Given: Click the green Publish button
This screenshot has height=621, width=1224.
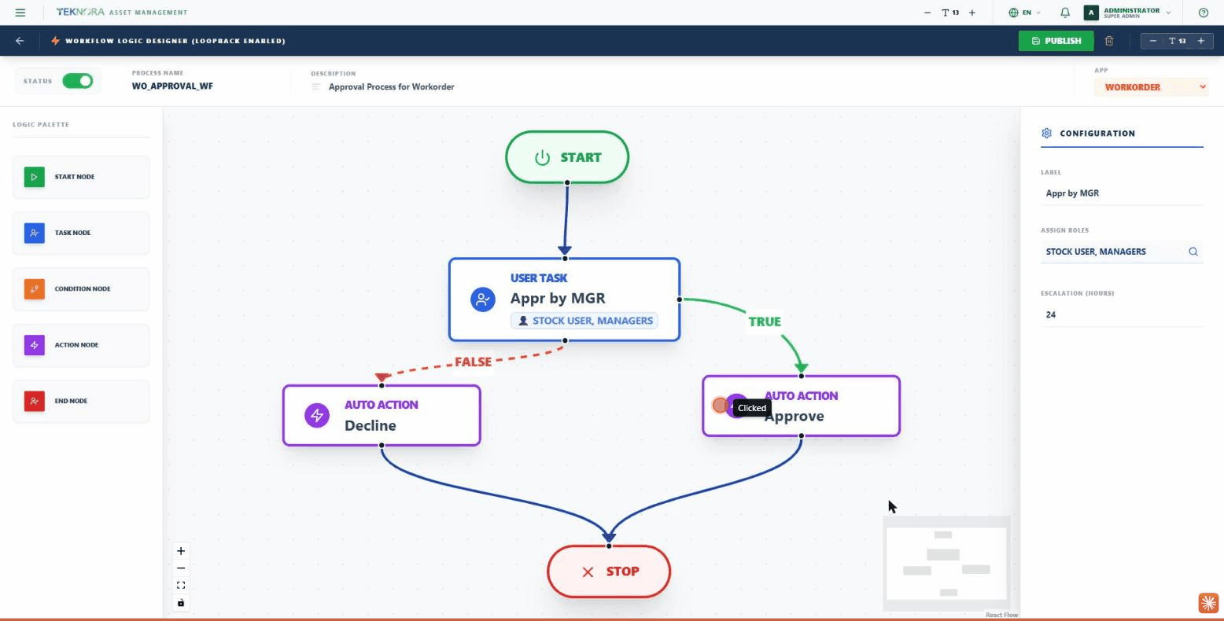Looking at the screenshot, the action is point(1056,41).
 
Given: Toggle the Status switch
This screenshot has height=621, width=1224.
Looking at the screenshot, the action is point(78,81).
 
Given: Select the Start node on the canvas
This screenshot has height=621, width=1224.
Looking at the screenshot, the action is point(567,157).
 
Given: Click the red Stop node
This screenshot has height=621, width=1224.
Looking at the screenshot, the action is point(609,571).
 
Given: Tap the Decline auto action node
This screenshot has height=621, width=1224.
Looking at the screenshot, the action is point(382,416).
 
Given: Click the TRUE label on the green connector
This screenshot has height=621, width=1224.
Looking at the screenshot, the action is point(765,322).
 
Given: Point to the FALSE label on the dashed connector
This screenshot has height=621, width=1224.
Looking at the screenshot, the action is point(474,362).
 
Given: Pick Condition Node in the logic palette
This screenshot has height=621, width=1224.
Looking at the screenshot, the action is point(81,289).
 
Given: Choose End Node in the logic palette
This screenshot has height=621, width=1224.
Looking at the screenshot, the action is point(81,401).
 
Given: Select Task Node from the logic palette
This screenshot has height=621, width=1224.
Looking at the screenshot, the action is point(81,233).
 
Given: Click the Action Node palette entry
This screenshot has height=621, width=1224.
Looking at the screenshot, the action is point(81,345).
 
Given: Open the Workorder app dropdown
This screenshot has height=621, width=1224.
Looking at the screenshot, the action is point(1151,87).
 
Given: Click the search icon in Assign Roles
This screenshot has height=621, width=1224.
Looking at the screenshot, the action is point(1193,252).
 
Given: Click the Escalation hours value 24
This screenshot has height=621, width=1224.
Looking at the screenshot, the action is point(1051,314).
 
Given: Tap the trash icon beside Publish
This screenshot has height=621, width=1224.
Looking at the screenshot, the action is point(1109,41).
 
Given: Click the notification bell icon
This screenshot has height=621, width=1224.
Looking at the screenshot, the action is point(1065,13).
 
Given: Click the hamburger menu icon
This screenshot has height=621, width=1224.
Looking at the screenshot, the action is point(20,13).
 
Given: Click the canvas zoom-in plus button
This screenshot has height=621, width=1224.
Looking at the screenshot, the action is point(181,551).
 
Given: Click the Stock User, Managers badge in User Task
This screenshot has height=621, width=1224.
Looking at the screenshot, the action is point(584,321).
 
